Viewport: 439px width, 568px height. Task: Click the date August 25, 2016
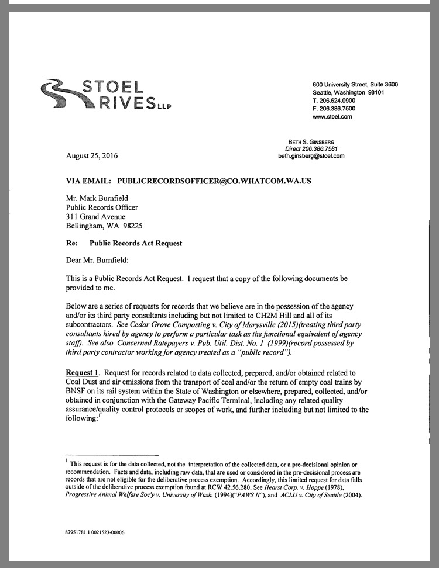coord(92,157)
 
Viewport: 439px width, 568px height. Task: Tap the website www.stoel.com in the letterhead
coord(332,117)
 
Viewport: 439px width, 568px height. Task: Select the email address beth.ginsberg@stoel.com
coord(311,157)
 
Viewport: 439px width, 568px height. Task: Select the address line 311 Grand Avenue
coord(95,217)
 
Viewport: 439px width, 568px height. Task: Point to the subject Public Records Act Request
coord(136,243)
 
